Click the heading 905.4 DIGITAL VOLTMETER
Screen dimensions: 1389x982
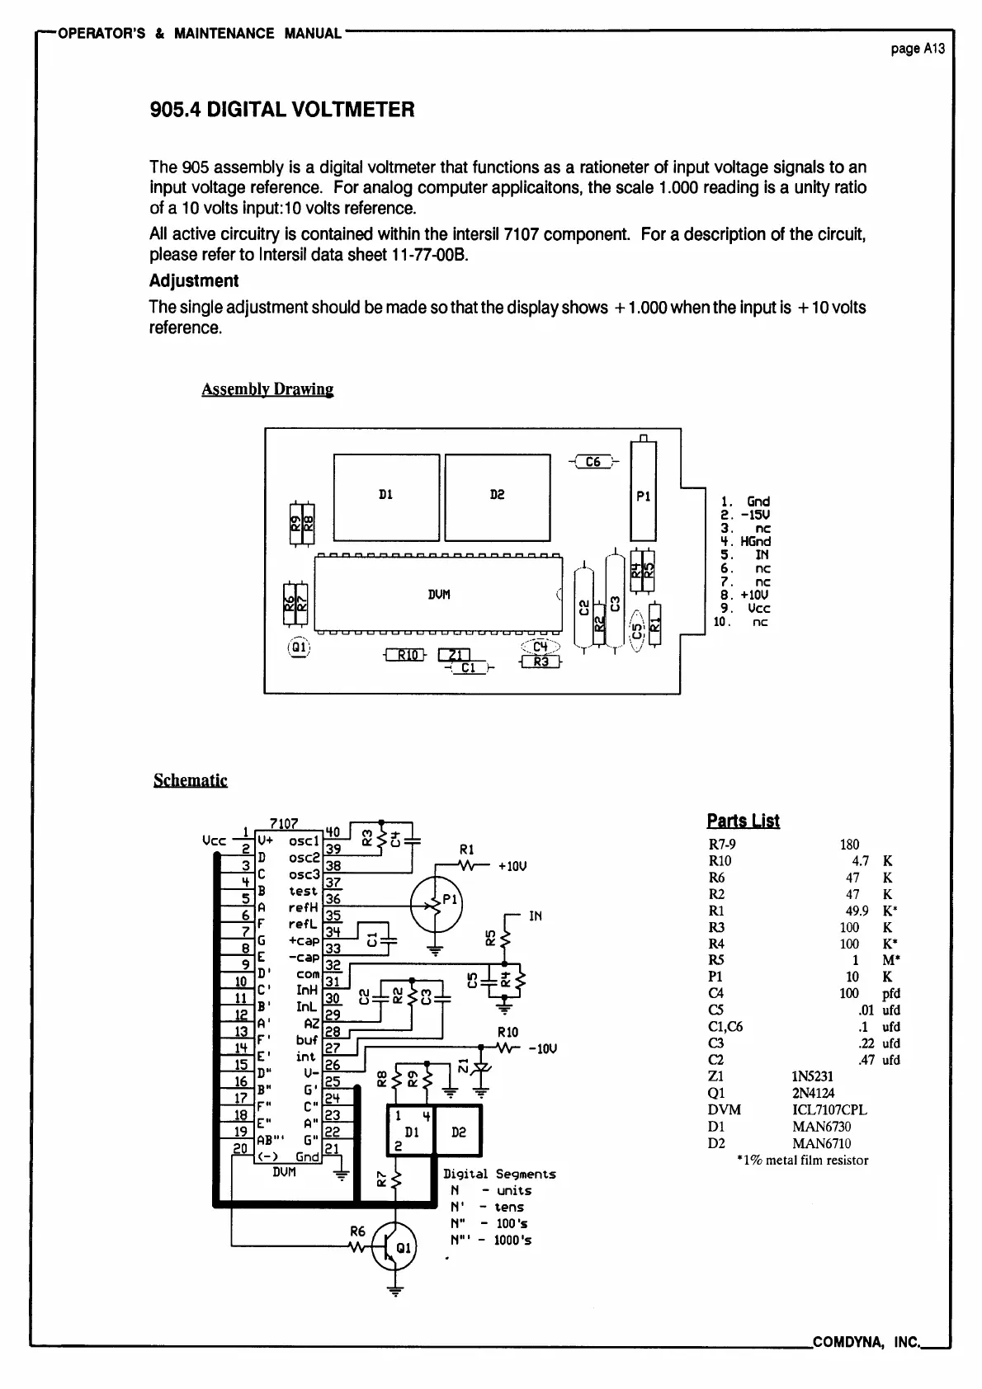(281, 110)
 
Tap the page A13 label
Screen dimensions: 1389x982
(917, 49)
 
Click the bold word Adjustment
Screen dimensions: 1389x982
(194, 280)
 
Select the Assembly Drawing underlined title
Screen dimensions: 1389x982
(267, 388)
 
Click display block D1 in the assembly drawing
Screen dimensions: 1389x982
(385, 497)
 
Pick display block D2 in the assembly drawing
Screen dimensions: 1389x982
(497, 497)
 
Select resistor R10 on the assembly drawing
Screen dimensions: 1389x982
(406, 656)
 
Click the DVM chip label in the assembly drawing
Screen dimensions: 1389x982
(438, 594)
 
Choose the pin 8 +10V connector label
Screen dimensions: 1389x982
(745, 595)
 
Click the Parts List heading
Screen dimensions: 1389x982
(743, 820)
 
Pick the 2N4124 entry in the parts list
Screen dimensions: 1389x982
(813, 1093)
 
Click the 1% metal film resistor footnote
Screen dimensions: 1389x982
(802, 1160)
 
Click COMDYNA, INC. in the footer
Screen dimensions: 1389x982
(866, 1342)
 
